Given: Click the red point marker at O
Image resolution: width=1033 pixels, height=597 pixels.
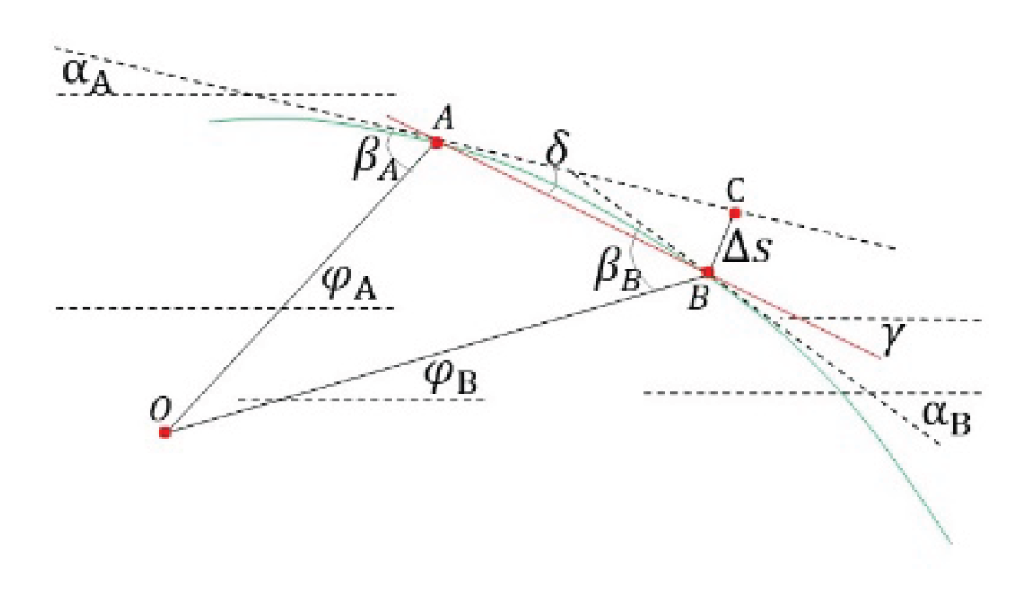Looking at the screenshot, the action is [165, 432].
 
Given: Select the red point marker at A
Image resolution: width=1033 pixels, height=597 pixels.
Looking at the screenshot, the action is [436, 142].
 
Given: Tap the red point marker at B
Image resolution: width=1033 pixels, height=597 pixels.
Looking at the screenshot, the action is [707, 271].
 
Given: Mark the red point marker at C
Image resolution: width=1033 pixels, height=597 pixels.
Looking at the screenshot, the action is [736, 213].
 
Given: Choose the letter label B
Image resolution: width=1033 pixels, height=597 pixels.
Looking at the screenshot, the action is [698, 299].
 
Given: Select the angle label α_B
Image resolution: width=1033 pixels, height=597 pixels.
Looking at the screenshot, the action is [946, 418].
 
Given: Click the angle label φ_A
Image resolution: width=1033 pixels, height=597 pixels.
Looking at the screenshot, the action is [349, 284].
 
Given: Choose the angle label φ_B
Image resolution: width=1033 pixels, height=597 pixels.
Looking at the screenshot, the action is [451, 378].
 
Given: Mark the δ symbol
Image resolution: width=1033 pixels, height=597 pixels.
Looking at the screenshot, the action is [557, 151].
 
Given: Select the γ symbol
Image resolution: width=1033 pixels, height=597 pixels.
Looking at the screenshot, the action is [892, 339].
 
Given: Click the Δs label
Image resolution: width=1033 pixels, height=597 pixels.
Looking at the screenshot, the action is [747, 249].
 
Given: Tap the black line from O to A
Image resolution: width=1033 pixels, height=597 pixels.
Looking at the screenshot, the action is [300, 287].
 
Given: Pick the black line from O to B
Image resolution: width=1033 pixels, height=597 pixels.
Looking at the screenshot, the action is [436, 352].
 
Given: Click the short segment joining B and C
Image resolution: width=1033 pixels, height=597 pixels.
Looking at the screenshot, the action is [722, 242].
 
